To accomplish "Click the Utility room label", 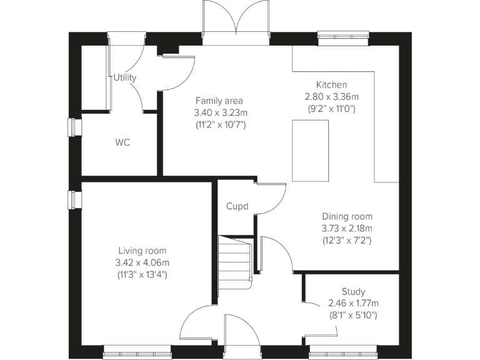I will pyautogui.click(x=125, y=77).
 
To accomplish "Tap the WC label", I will pyautogui.click(x=122, y=142).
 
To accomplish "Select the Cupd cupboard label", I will pyautogui.click(x=237, y=206).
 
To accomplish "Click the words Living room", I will pyautogui.click(x=142, y=251).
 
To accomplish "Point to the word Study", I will pyautogui.click(x=353, y=291).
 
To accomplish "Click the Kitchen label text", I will pyautogui.click(x=331, y=85).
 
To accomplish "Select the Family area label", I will pyautogui.click(x=219, y=101).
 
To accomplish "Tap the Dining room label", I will pyautogui.click(x=347, y=216).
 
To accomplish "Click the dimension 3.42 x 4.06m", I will pyautogui.click(x=142, y=262).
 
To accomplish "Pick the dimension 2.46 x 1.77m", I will pyautogui.click(x=353, y=303).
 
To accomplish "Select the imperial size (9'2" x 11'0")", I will pyautogui.click(x=331, y=108).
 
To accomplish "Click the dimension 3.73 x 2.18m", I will pyautogui.click(x=347, y=228).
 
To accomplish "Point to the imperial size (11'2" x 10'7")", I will pyautogui.click(x=219, y=124).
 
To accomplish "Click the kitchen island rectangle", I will pyautogui.click(x=311, y=151).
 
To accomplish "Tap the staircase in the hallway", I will pyautogui.click(x=235, y=262).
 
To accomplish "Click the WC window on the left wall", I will pyautogui.click(x=74, y=127).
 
